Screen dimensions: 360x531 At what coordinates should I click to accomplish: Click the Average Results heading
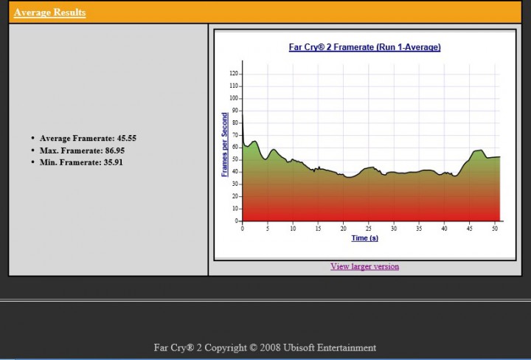coord(49,13)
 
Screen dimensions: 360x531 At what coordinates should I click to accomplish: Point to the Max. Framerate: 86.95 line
coord(83,150)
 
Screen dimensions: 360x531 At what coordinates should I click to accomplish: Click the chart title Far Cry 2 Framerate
coord(364,47)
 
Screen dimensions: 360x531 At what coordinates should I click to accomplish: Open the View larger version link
coord(364,266)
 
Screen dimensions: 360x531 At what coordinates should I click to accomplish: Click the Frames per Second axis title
coord(225,145)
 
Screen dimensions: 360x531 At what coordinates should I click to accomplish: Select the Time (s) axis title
coord(364,238)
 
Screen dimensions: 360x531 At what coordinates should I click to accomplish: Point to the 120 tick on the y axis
coord(235,74)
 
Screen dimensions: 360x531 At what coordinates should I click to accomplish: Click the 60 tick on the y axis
coord(236,148)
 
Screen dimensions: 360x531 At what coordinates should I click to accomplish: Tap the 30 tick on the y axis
coord(236,184)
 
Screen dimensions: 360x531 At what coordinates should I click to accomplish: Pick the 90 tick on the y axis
coord(236,111)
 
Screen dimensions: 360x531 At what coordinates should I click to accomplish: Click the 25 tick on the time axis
coord(369,228)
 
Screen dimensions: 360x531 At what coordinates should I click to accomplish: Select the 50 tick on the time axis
coord(495,228)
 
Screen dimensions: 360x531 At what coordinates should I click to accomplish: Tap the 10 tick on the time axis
coord(293,228)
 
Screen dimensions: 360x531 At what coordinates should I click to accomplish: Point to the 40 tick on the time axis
coord(445,228)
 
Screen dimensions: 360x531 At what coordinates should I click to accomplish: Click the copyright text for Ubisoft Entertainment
coord(265,347)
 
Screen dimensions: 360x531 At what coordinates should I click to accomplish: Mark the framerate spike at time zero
coord(243,118)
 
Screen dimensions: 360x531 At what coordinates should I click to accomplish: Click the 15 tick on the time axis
coord(318,228)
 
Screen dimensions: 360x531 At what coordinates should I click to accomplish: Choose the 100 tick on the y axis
coord(235,98)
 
